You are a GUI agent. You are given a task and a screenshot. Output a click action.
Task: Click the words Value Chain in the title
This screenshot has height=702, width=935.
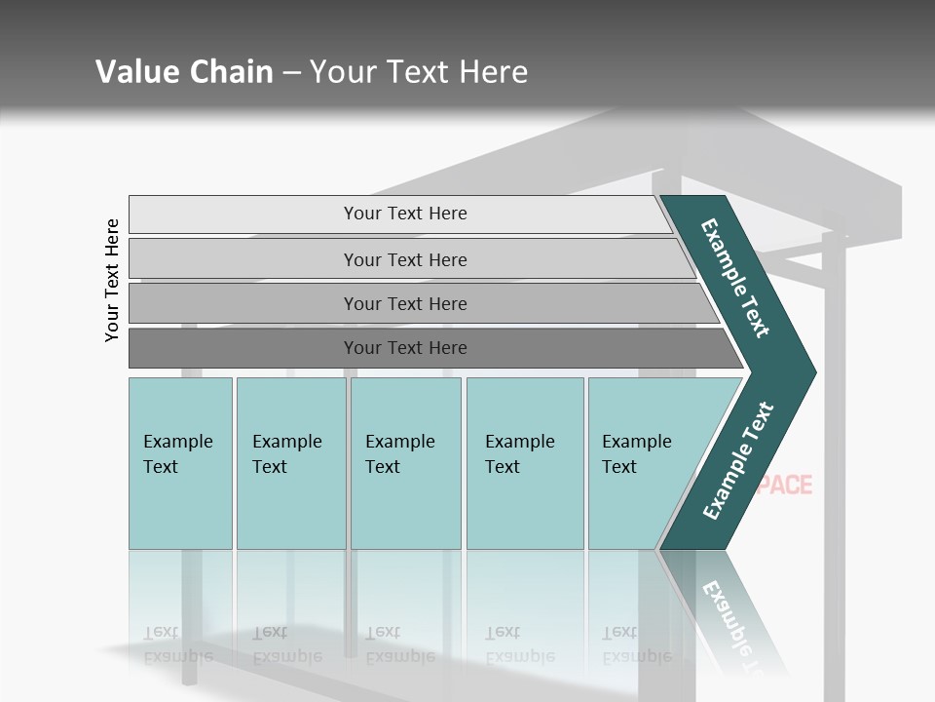(184, 72)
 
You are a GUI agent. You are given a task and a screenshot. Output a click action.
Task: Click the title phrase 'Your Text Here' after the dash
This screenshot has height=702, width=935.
(419, 72)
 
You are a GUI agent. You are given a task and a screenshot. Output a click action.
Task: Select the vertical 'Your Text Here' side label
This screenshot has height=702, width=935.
(112, 280)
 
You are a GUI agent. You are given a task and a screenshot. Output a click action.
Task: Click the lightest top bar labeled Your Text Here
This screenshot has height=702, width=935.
(404, 214)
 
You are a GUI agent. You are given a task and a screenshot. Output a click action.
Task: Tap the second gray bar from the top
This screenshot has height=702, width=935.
(404, 259)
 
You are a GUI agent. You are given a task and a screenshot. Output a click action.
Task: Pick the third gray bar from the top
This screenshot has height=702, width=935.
(404, 303)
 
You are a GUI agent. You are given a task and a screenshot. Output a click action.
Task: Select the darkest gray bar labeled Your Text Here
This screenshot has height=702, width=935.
(404, 348)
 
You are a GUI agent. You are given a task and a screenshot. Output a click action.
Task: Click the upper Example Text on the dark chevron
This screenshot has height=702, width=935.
(735, 278)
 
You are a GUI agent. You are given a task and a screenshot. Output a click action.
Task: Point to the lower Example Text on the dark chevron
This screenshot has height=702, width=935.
(737, 461)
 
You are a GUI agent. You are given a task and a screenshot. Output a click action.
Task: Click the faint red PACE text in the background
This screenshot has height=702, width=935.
(785, 485)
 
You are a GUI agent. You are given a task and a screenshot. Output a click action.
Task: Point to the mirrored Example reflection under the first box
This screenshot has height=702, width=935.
(177, 656)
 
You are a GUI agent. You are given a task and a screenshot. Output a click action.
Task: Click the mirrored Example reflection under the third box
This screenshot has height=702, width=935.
(399, 656)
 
